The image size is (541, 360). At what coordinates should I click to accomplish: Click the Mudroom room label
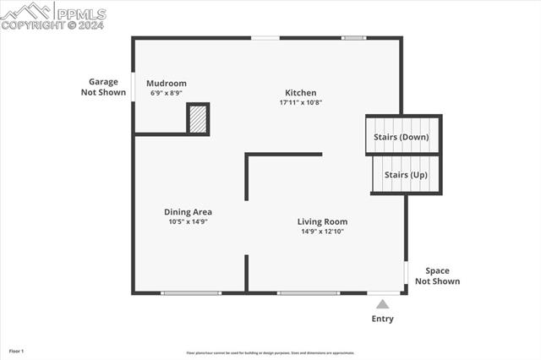(x=166, y=83)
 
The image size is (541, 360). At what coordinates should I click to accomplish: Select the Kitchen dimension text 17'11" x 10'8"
(x=300, y=102)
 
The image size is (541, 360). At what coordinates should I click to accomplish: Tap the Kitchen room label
(x=300, y=93)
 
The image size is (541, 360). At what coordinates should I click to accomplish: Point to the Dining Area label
(x=188, y=212)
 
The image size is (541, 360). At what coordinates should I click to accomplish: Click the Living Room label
(x=323, y=221)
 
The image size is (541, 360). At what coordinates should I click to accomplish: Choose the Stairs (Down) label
(x=402, y=137)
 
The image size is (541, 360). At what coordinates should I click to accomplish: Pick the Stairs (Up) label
(x=406, y=174)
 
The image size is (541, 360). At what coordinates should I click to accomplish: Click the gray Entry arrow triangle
(x=382, y=304)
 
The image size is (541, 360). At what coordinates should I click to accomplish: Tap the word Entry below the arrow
(x=382, y=319)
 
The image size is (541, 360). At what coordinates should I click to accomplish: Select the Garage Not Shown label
(x=104, y=87)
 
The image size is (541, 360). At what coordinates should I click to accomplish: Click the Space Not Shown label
(x=437, y=275)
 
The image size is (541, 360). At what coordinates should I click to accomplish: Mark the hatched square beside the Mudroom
(x=198, y=118)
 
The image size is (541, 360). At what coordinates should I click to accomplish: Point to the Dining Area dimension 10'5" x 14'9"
(x=188, y=221)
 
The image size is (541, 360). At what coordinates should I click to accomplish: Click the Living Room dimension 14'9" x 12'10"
(x=323, y=231)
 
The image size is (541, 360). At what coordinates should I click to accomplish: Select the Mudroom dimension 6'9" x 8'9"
(x=166, y=93)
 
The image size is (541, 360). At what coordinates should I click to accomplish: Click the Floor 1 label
(x=17, y=350)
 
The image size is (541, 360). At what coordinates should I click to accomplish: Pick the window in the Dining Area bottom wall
(x=191, y=293)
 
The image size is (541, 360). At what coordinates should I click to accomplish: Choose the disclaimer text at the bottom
(x=270, y=353)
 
